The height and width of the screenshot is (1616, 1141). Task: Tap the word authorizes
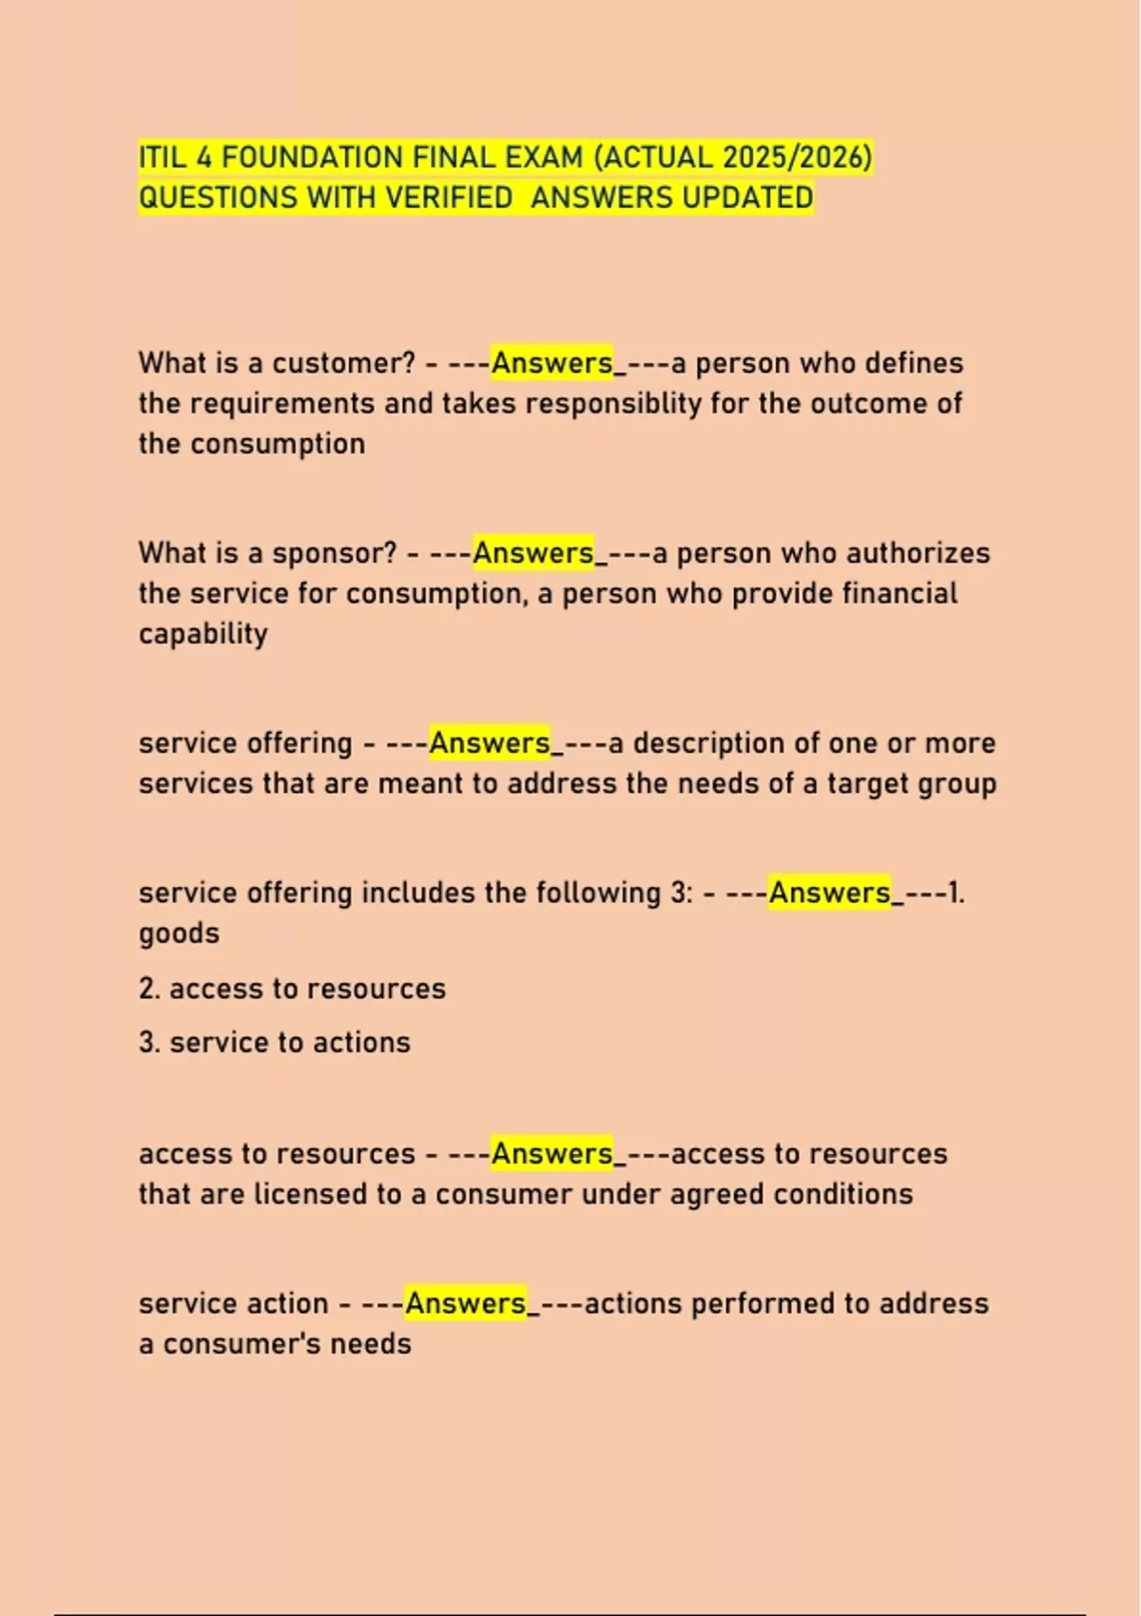(918, 553)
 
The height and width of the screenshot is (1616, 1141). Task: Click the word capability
(203, 634)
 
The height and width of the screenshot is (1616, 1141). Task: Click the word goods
(179, 933)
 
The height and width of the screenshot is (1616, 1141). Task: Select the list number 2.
(149, 989)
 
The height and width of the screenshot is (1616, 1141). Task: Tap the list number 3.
(149, 1043)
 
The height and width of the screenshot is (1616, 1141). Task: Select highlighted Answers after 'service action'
(466, 1303)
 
